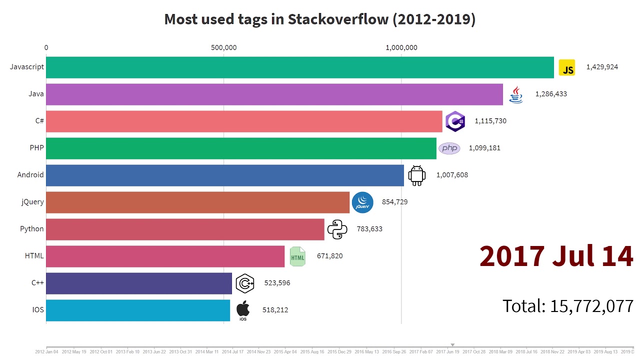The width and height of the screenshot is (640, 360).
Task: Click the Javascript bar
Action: tap(300, 67)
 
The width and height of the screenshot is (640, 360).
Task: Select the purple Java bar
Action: tap(274, 94)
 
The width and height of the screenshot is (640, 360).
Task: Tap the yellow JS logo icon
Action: tap(567, 67)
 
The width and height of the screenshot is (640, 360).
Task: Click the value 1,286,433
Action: tap(551, 94)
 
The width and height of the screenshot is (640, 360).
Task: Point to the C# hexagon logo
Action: tap(455, 121)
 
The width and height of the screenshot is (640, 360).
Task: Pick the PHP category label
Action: tap(36, 148)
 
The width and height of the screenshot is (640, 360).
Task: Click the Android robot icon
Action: tap(417, 175)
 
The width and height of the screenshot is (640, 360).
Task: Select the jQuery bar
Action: tap(197, 202)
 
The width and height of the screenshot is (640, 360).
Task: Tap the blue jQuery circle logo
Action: tap(362, 202)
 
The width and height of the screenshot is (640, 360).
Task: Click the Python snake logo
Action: tap(337, 229)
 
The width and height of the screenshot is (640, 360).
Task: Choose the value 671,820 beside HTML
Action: tap(329, 256)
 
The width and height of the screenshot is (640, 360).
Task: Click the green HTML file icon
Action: tap(297, 256)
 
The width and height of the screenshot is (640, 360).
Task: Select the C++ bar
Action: tap(139, 283)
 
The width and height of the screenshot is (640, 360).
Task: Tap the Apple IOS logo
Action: tap(243, 310)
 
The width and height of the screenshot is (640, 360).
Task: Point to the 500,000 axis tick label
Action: tap(223, 48)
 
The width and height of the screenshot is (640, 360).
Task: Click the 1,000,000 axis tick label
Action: tap(401, 48)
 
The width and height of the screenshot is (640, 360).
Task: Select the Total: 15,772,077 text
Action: tap(568, 305)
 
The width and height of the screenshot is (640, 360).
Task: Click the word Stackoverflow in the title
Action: tap(338, 19)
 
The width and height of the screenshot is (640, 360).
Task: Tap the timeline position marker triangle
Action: tap(452, 344)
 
